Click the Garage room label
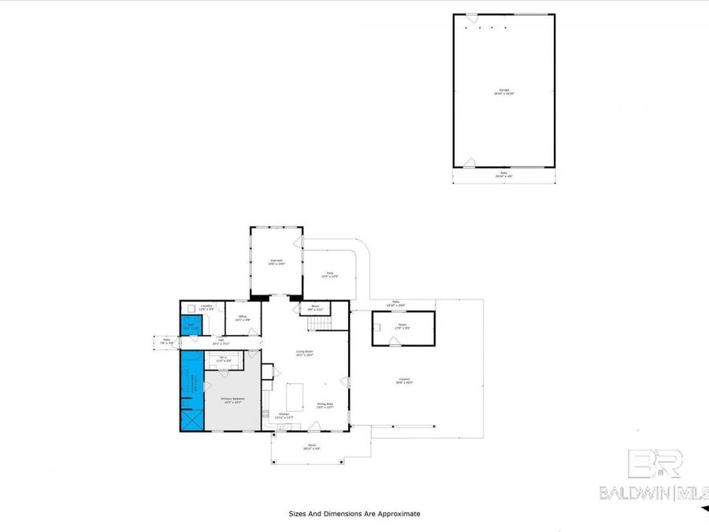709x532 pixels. click(503, 91)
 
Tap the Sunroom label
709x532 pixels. click(277, 262)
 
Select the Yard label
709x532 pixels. click(329, 276)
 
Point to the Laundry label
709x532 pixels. click(206, 307)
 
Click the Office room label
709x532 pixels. click(243, 318)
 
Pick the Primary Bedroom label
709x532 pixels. click(233, 400)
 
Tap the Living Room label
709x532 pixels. click(305, 353)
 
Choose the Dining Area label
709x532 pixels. click(325, 406)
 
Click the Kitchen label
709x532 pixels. click(283, 415)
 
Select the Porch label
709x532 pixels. click(312, 448)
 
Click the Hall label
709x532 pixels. click(220, 343)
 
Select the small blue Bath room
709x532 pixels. click(191, 326)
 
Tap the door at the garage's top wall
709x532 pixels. click(471, 17)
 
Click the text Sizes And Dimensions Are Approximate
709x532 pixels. click(354, 514)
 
